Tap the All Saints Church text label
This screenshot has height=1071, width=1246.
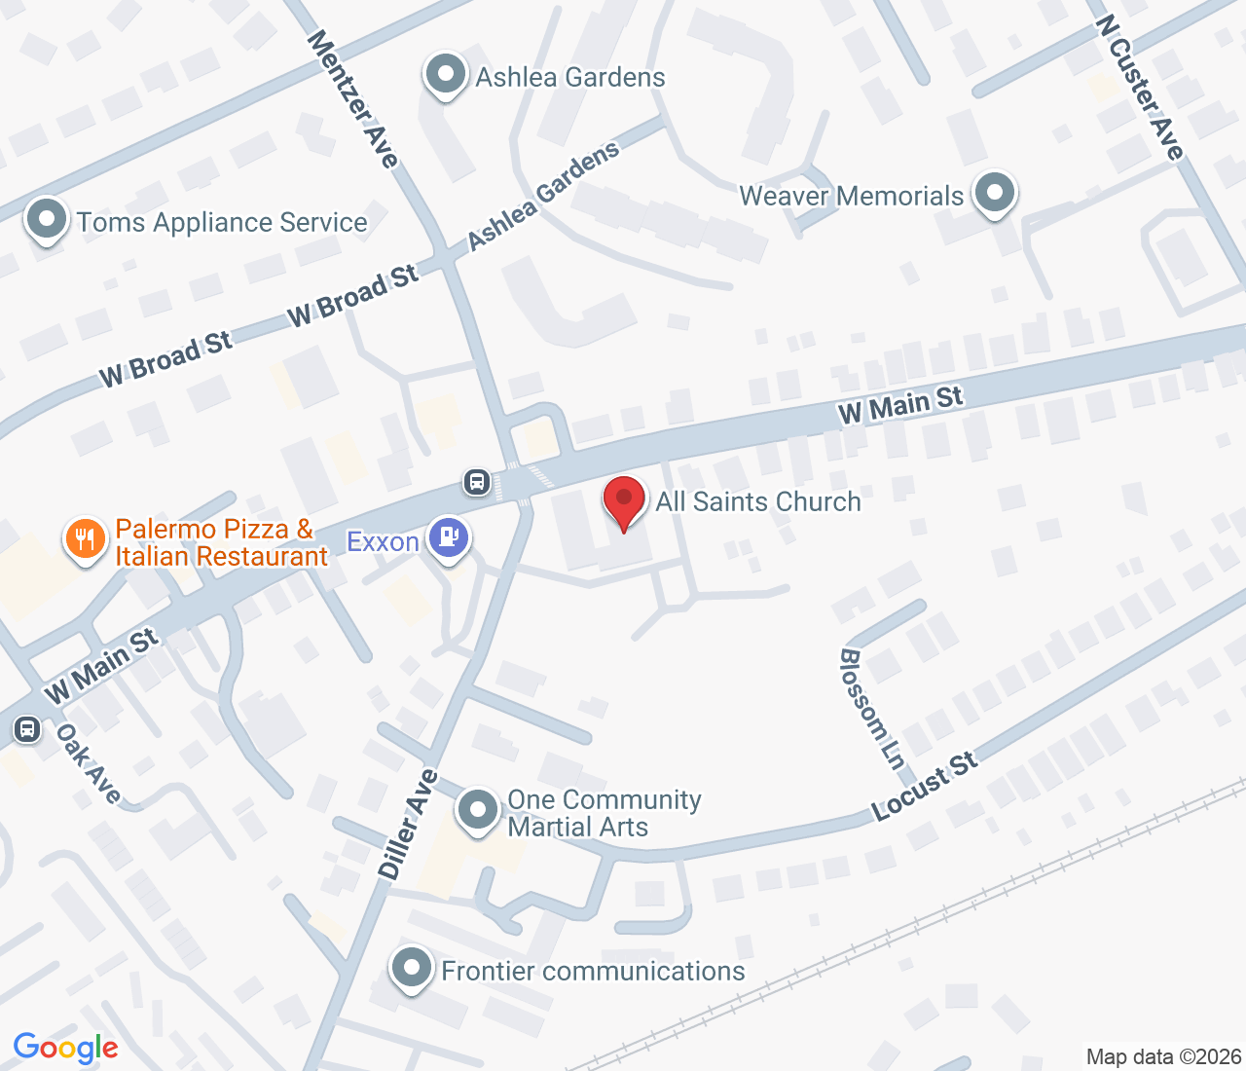(758, 501)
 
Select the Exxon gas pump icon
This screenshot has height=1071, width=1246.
(449, 537)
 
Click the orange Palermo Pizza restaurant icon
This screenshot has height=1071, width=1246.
(86, 538)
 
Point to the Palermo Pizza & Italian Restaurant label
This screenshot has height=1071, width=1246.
(221, 543)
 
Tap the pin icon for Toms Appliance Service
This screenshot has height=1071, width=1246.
(47, 220)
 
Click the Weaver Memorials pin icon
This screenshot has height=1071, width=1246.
(994, 193)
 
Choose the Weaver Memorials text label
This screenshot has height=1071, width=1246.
(851, 196)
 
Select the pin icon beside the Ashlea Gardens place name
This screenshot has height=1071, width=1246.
(446, 75)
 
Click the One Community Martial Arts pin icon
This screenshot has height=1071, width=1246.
(478, 810)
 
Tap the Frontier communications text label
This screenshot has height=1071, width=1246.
(593, 971)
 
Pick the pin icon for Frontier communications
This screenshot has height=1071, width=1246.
(412, 969)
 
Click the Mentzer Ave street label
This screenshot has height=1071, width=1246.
(353, 98)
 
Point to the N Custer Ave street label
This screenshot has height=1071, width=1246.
(1139, 87)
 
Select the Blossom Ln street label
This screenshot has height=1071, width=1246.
(871, 709)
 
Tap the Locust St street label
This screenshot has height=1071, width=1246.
(924, 787)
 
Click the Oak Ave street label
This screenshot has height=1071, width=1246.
(89, 763)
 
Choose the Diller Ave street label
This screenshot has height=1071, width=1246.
(409, 825)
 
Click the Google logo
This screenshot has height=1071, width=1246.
(65, 1049)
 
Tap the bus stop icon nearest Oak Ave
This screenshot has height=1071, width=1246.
(27, 728)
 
